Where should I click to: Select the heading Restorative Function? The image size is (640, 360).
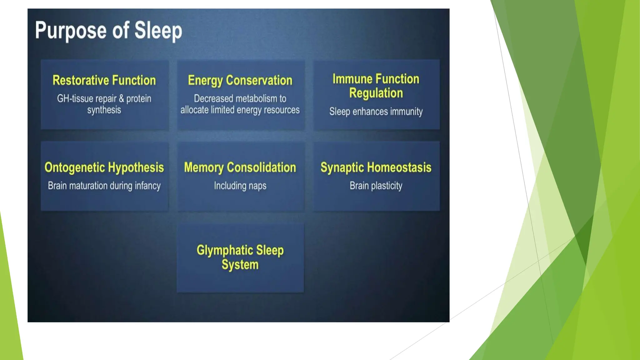[x=104, y=80]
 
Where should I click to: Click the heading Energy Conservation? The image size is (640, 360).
[x=240, y=80]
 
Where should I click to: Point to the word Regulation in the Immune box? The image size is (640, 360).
[x=376, y=93]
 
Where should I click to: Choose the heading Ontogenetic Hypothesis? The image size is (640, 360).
[x=104, y=167]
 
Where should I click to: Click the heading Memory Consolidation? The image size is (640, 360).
[x=240, y=167]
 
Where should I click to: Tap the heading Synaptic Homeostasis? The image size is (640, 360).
[x=376, y=167]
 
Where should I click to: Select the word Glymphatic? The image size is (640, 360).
[x=225, y=250]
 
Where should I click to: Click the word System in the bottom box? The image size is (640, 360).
[x=240, y=265]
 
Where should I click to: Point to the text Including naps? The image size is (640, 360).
[x=240, y=186]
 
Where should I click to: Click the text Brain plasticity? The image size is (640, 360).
[x=376, y=186]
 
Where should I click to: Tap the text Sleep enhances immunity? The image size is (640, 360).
[x=376, y=112]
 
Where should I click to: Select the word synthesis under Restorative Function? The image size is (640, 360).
[x=104, y=110]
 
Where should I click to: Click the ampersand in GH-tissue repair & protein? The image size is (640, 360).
[x=122, y=99]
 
